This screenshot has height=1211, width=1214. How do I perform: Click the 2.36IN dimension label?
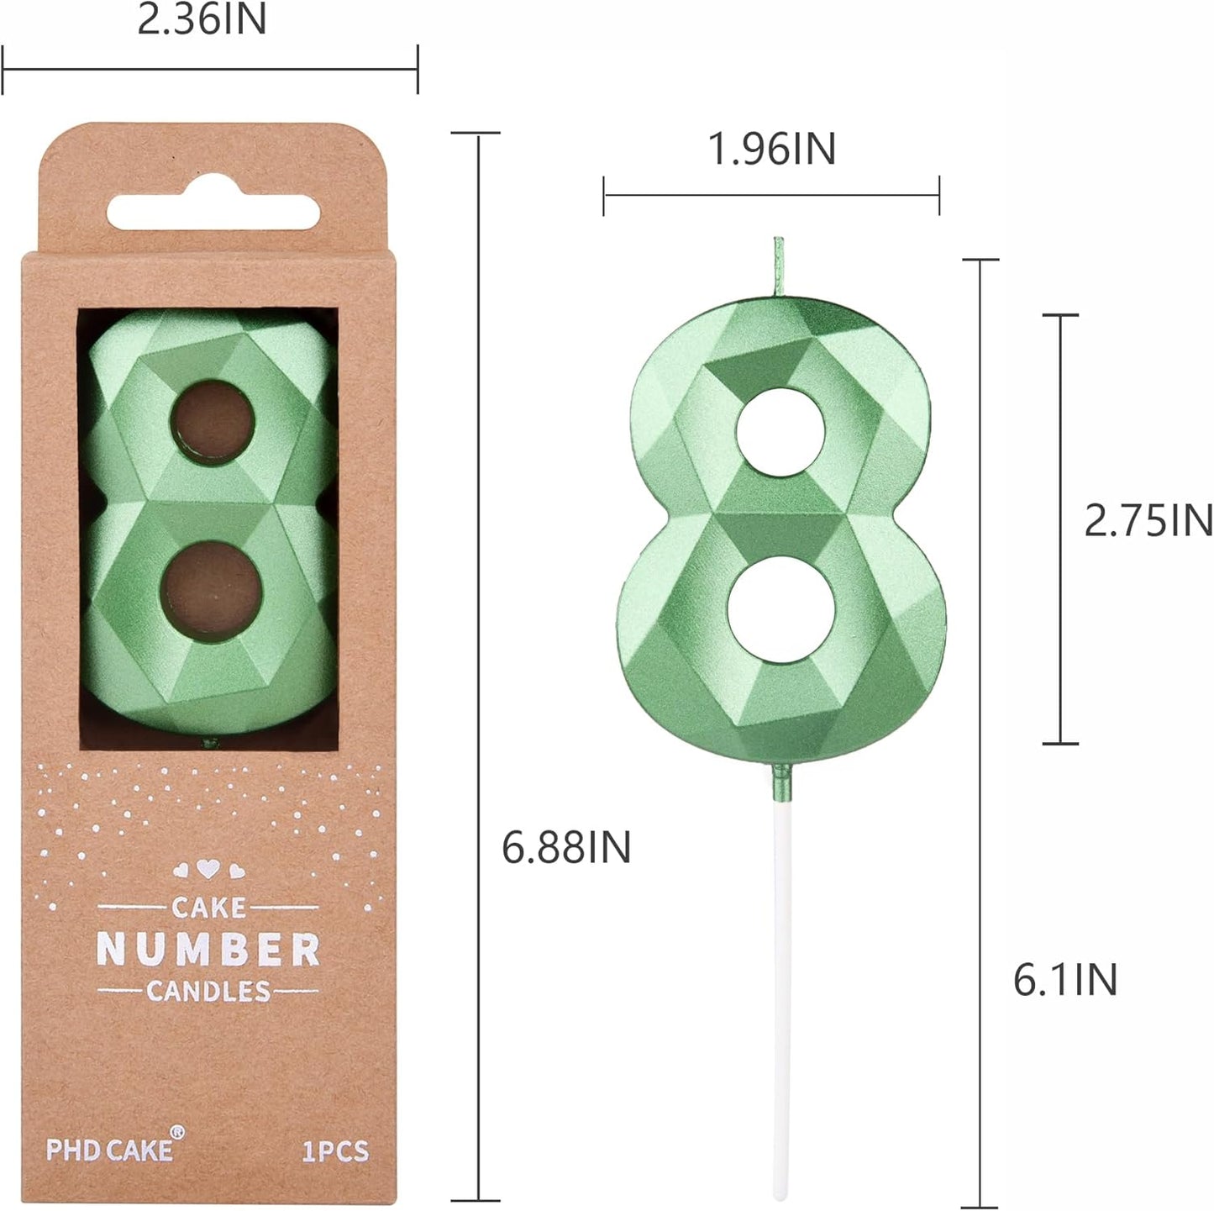(202, 19)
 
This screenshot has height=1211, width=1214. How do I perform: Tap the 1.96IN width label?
(771, 149)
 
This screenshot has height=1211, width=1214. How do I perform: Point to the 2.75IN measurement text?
(1148, 520)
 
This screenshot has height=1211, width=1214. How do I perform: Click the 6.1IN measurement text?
(1065, 980)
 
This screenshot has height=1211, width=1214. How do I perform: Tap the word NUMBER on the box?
(208, 950)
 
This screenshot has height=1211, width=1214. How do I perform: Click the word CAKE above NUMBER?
(208, 908)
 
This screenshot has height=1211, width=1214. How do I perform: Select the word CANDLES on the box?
(208, 992)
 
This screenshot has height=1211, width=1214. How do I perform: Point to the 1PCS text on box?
(335, 1150)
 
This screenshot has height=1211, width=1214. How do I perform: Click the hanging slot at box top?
(213, 213)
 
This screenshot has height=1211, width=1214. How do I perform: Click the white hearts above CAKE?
(208, 870)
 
